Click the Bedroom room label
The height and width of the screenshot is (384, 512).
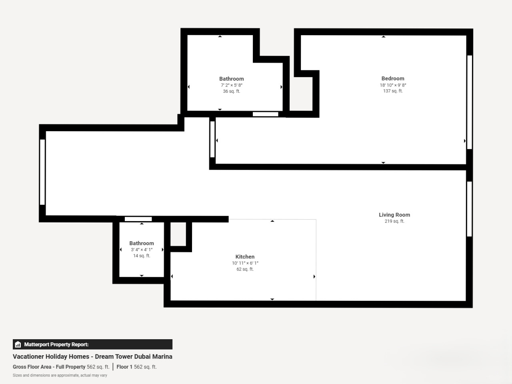tap(393, 78)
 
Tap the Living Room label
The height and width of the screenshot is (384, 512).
tap(394, 215)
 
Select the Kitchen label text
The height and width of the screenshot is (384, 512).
tap(245, 257)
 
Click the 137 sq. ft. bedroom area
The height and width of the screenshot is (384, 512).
tap(393, 91)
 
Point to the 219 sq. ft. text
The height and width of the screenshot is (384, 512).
tap(394, 221)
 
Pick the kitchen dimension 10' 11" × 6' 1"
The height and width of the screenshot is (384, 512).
tap(245, 263)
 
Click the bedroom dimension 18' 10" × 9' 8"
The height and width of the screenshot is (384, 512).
tap(393, 85)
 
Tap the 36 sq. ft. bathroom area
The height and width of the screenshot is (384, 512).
tap(231, 91)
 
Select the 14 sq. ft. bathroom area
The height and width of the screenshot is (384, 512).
tap(142, 256)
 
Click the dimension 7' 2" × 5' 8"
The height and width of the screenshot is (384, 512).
tap(231, 85)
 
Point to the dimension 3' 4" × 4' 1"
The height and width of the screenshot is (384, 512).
tap(142, 250)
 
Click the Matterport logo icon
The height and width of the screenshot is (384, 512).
tap(18, 344)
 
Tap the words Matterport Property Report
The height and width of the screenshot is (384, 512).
tap(56, 344)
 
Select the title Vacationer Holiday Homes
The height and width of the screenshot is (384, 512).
tap(51, 356)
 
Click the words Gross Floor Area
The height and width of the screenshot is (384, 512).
tap(32, 367)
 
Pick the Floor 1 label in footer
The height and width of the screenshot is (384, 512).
tap(124, 367)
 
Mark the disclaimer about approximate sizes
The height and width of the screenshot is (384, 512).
tap(60, 375)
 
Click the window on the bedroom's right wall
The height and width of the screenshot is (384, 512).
tap(470, 102)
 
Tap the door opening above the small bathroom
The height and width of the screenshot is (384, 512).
tap(138, 219)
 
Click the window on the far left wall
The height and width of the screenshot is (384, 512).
tap(42, 172)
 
